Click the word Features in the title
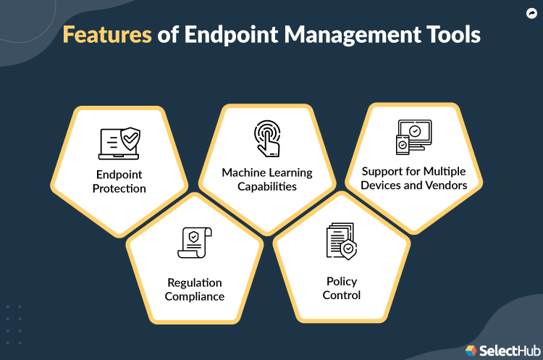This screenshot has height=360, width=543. click(106, 35)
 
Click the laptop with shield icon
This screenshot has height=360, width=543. click(119, 143)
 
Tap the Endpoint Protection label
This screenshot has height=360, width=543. click(119, 182)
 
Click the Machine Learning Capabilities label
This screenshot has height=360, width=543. click(266, 180)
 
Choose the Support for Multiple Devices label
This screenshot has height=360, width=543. click(413, 178)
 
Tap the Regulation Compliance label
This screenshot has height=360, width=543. click(194, 289)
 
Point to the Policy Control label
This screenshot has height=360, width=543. click(341, 288)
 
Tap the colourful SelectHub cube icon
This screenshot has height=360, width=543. click(471, 350)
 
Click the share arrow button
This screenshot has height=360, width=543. click(531, 12)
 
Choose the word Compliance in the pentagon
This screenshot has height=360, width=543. click(194, 296)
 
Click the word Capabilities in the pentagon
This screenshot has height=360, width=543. click(266, 186)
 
